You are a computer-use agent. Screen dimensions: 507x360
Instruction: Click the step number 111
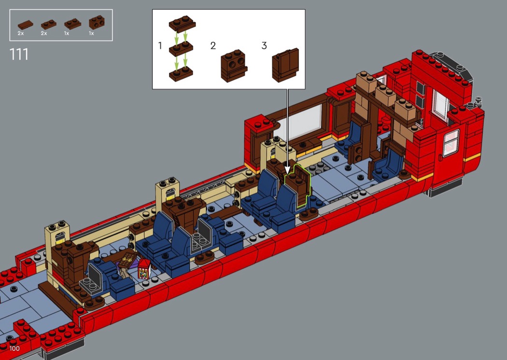pos(19,55)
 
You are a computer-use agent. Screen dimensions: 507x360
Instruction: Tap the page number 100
pos(14,348)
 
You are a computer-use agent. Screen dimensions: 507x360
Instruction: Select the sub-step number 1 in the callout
pos(160,45)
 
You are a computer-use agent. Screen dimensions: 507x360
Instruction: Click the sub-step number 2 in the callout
pos(213,45)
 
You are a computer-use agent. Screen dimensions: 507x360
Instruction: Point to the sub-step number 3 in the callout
pos(264,45)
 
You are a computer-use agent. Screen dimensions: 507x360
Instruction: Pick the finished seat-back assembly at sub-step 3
pos(285,65)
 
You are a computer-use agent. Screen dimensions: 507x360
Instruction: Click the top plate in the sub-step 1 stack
pos(183,24)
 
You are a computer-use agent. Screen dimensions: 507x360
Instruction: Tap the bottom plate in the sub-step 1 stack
pos(181,74)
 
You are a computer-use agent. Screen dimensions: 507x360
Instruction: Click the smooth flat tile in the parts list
pos(25,25)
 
